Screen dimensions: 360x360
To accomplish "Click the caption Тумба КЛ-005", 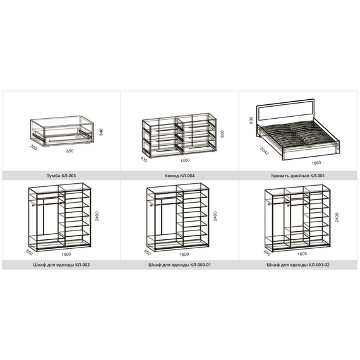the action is pos(61,176).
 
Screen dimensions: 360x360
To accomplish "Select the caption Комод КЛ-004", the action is pos(179,176).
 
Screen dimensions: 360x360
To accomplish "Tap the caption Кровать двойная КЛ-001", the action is pos(297,176).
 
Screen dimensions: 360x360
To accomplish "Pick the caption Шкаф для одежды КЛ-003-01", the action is pos(179,265).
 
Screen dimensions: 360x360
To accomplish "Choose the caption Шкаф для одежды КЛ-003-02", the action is pos(297,265).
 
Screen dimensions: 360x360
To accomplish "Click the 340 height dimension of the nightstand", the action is pos(101,132).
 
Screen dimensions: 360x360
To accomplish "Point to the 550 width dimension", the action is pos(70,151).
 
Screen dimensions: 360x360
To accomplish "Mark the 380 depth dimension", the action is pos(33,147).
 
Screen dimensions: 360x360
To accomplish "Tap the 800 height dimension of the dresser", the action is pos(222,134).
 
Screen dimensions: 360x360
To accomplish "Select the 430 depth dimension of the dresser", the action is pos(144,159).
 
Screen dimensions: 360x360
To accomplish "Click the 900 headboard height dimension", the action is pos(251,121).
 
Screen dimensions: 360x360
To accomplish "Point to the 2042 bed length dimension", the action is pos(264,151).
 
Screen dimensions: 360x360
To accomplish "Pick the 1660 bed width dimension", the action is pos(316,163).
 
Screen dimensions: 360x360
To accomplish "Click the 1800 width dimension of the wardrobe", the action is pos(302,254).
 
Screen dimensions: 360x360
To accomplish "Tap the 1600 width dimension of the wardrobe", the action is pos(184,254).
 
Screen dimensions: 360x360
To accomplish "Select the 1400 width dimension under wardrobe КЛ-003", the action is pos(66,254).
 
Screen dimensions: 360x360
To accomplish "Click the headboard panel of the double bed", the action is pos(285,111).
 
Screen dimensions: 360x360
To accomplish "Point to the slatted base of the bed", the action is pos(299,135).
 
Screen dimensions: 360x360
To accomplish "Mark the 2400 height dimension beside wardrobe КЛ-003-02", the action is pos(337,217).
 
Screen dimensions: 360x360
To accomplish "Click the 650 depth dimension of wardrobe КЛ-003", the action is pos(30,253).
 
